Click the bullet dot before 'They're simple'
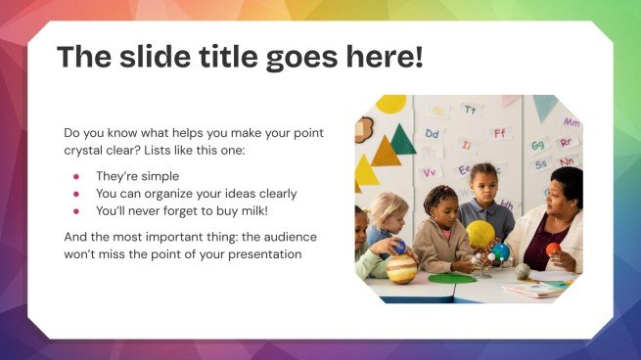[76, 176]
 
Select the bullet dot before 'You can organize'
[76, 194]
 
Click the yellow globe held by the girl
[480, 233]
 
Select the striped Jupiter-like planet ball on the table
[402, 269]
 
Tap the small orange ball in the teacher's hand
[553, 248]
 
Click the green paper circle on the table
[451, 279]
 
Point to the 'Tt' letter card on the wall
[471, 110]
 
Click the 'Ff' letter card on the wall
[500, 132]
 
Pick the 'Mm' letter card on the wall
[571, 122]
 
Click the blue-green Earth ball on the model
[501, 251]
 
